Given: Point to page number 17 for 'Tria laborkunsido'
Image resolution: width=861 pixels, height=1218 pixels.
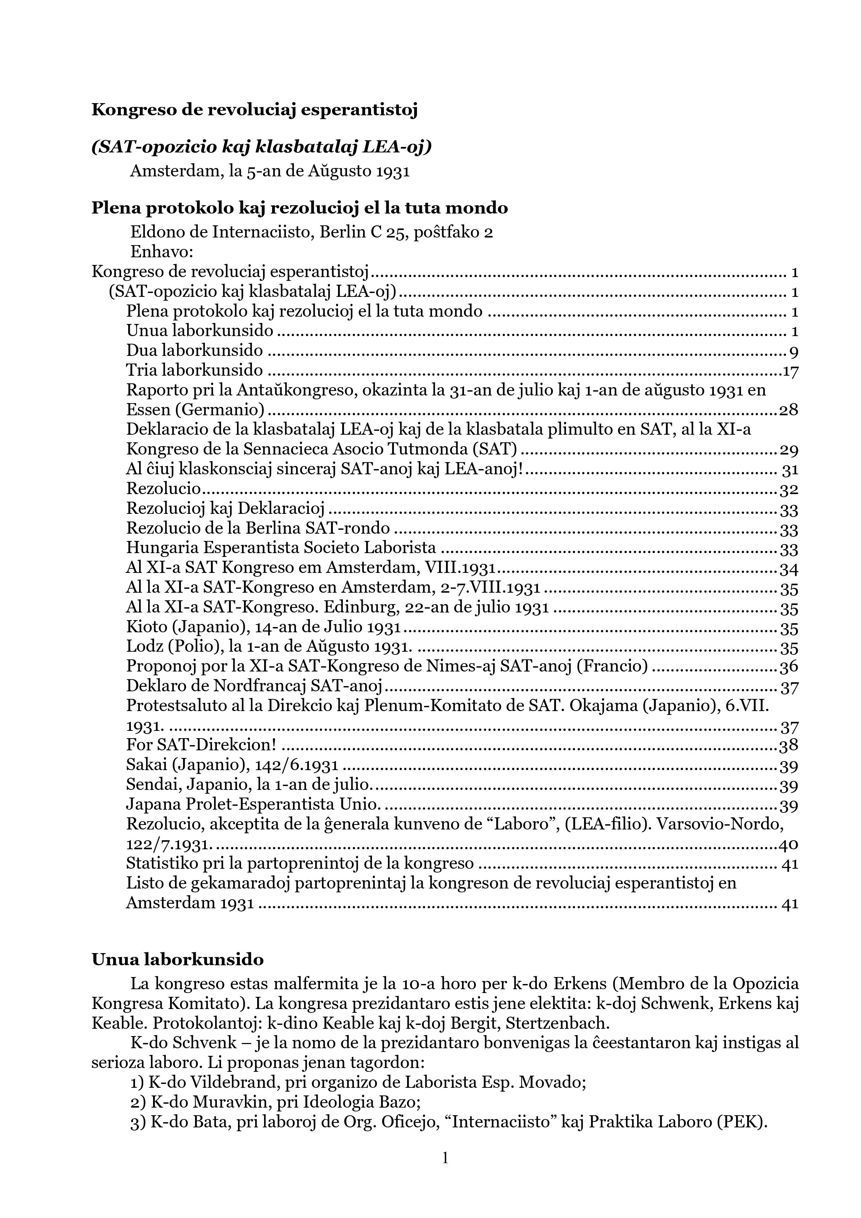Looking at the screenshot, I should tap(791, 371).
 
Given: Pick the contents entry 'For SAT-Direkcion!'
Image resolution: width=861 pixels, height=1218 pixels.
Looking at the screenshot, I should tap(202, 744).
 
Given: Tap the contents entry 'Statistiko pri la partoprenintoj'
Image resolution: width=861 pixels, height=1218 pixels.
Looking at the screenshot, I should tap(299, 863).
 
